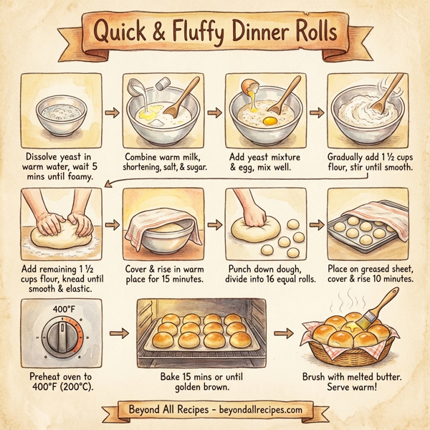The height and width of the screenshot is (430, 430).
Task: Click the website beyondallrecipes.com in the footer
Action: [262, 411]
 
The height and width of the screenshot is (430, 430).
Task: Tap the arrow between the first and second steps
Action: [112, 113]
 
